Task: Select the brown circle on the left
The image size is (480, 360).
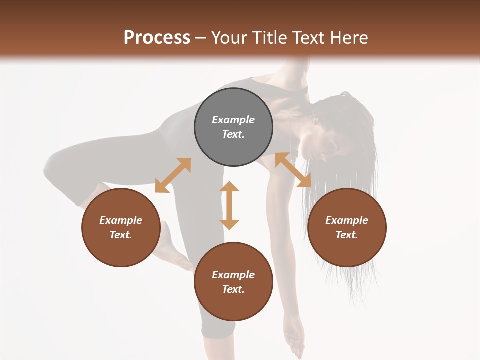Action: (121, 227)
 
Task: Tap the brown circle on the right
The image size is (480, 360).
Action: (347, 227)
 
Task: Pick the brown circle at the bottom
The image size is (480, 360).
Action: (233, 282)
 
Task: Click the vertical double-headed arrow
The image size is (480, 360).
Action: (229, 205)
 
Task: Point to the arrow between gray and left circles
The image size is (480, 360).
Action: (173, 175)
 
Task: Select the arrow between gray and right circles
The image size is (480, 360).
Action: (293, 170)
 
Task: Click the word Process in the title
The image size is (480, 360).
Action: (157, 37)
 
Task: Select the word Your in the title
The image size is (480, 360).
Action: (229, 37)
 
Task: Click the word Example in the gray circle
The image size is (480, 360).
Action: (233, 120)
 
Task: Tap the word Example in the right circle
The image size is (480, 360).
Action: (347, 220)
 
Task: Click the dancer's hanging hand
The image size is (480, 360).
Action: (295, 340)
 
